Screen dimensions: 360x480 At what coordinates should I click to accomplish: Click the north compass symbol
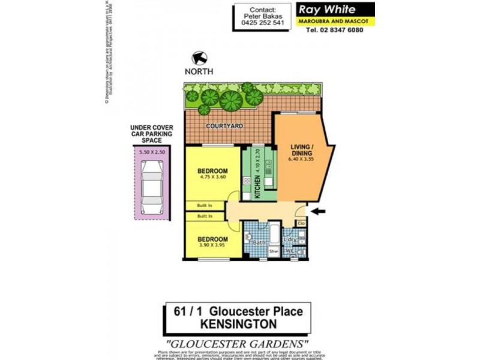click(x=199, y=58)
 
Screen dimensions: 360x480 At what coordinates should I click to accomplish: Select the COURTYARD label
click(x=224, y=127)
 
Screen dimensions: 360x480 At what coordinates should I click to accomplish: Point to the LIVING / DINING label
click(x=301, y=150)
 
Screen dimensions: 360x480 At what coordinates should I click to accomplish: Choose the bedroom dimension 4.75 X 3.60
click(x=212, y=178)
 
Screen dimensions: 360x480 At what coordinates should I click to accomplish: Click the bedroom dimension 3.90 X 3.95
click(x=212, y=245)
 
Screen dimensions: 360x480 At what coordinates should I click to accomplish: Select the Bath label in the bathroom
click(x=259, y=242)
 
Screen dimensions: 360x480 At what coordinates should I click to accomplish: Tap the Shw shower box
click(x=274, y=252)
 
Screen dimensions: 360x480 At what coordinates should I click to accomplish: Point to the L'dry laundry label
click(x=290, y=239)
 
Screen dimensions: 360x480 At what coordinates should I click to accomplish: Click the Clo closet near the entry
click(x=302, y=224)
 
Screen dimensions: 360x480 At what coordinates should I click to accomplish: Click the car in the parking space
click(x=151, y=185)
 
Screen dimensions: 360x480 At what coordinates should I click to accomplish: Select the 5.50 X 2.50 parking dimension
click(x=151, y=152)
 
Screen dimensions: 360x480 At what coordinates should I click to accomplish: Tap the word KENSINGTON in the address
click(x=238, y=324)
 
